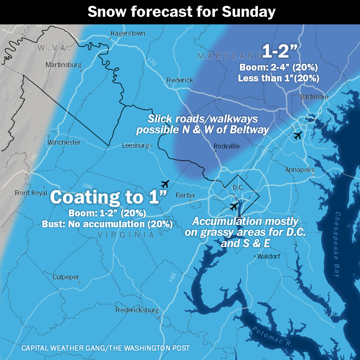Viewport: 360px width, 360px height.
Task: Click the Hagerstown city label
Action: point(127,33)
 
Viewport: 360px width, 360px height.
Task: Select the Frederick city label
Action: point(180,80)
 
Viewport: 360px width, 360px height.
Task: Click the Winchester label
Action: point(64,142)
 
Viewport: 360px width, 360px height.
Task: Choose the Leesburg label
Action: point(135,145)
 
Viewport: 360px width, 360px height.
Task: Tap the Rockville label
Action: point(226,146)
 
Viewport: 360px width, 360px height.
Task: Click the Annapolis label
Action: point(300,170)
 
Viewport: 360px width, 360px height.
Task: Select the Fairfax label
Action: point(186,195)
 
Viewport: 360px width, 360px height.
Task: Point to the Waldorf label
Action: point(269,256)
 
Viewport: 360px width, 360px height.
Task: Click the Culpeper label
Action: point(66,277)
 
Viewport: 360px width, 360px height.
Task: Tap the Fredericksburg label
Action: point(137,310)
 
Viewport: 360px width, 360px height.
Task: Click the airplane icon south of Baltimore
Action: point(298,136)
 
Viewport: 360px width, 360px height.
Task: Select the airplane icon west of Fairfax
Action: point(165,184)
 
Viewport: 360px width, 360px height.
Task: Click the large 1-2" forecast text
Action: point(277,52)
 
